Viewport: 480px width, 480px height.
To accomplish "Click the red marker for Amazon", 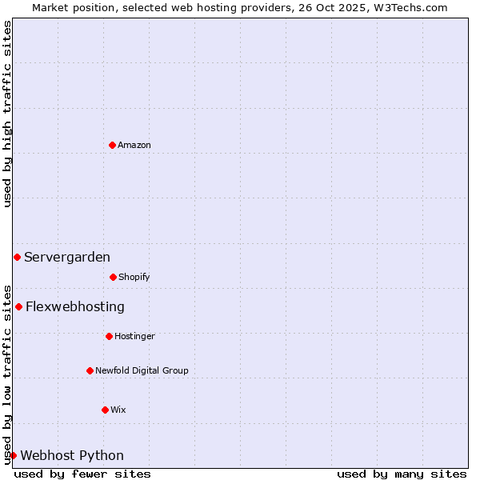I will coord(112,145).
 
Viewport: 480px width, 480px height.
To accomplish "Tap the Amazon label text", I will coord(134,145).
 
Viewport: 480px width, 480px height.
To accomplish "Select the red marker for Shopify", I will coord(113,277).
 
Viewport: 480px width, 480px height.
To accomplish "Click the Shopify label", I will coord(134,277).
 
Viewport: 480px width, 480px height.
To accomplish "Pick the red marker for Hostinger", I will coord(109,336).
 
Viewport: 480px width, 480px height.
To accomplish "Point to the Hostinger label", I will coord(134,336).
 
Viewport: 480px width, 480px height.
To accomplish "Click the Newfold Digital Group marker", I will coord(90,370).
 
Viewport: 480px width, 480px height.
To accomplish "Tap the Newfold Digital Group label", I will coord(142,370).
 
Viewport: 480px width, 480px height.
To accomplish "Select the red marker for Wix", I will coord(105,410).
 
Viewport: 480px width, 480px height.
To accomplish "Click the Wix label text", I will coord(118,410).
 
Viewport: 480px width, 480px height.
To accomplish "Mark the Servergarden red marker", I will coord(17,257).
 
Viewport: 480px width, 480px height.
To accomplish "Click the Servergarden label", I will coord(67,257).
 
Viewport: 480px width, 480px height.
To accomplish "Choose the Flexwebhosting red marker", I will coord(18,306).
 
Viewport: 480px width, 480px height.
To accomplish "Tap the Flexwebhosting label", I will coord(75,306).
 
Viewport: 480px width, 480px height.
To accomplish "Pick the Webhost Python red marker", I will coord(13,455).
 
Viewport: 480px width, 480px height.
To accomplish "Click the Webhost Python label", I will coord(72,455).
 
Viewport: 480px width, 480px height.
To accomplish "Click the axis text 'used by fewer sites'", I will coord(82,474).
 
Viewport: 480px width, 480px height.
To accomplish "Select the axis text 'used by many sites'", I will coord(402,474).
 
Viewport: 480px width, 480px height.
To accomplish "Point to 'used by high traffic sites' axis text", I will coord(7,114).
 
